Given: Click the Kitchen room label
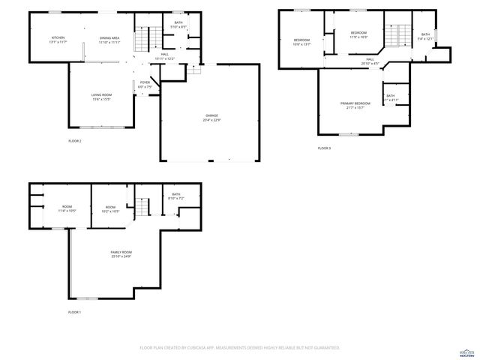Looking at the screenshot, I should pyautogui.click(x=58, y=39).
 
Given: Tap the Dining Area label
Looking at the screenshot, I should pyautogui.click(x=110, y=39).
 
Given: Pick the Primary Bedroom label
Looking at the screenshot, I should pyautogui.click(x=355, y=104).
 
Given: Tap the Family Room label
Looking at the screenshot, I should pyautogui.click(x=121, y=253).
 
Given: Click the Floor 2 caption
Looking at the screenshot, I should pyautogui.click(x=75, y=141).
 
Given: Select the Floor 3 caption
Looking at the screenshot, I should pyautogui.click(x=324, y=148).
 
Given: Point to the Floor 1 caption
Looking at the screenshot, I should pyautogui.click(x=74, y=312).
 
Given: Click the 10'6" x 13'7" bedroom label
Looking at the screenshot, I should pyautogui.click(x=301, y=42).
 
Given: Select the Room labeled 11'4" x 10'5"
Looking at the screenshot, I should pyautogui.click(x=67, y=208).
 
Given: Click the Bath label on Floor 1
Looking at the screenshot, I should pyautogui.click(x=176, y=196).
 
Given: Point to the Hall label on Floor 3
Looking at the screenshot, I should pyautogui.click(x=370, y=61).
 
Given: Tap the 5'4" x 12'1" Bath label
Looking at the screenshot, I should pyautogui.click(x=425, y=37).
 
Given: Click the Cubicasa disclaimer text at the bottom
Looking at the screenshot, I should pyautogui.click(x=240, y=348).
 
